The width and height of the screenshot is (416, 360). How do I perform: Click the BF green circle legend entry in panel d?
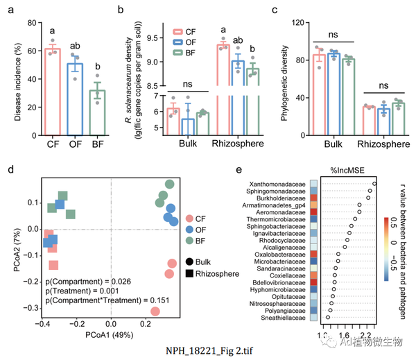189,239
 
